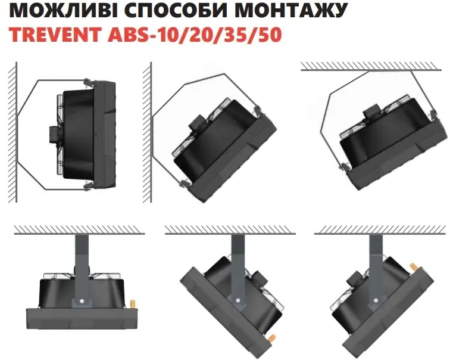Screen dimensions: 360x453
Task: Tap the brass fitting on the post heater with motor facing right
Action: pos(271,338)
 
